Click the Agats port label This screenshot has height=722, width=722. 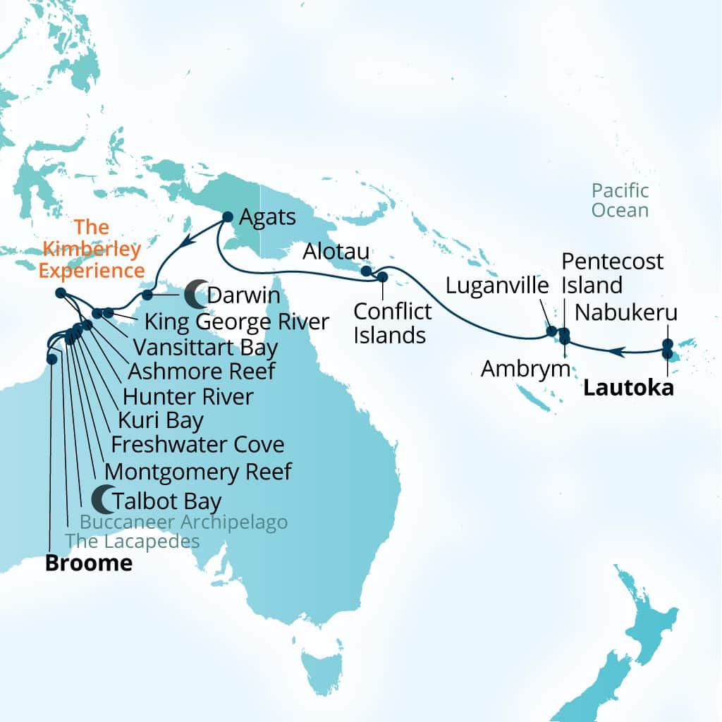[267, 217]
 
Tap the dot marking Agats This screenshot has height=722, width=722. [228, 217]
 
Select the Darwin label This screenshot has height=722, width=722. [244, 296]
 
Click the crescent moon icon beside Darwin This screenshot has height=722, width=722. [195, 295]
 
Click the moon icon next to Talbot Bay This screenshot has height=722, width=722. [103, 499]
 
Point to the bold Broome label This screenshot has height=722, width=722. [88, 563]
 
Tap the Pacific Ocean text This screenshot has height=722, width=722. [620, 200]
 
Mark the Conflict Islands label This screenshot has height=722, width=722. [389, 322]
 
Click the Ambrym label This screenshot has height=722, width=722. [525, 368]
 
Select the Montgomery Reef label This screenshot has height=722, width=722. [197, 471]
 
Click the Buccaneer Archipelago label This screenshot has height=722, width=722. [183, 522]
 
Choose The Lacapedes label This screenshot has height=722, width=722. [133, 541]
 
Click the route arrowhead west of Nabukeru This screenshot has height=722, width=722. [616, 350]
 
